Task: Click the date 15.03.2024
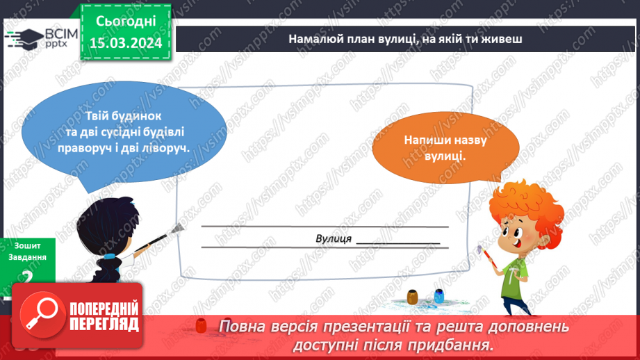pos(125,42)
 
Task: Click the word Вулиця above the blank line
pos(333,238)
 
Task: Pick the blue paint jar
pos(438,297)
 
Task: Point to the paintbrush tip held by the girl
pos(179,228)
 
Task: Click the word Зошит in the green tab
pos(26,245)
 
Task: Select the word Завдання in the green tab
pos(28,257)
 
